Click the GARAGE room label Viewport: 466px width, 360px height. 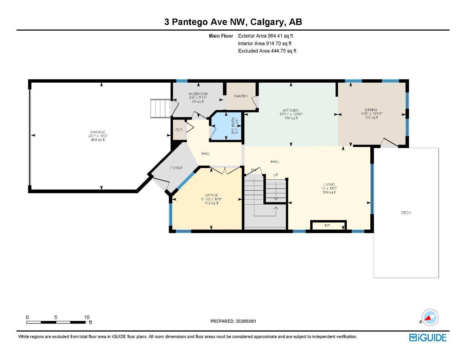(97, 132)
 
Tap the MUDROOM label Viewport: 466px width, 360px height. (198, 94)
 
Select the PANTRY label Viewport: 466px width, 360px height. (241, 96)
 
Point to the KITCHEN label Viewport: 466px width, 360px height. (291, 110)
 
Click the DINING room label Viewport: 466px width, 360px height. (371, 110)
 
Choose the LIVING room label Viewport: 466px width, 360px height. (329, 185)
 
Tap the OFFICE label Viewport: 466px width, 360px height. (211, 195)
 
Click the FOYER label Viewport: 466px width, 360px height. (176, 168)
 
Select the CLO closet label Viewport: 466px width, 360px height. (179, 130)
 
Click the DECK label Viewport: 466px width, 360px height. (406, 213)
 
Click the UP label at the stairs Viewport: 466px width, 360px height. (276, 175)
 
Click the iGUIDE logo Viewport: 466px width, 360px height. (428, 337)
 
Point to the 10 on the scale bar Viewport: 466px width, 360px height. (87, 317)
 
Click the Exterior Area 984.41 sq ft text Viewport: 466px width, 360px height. (266, 36)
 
